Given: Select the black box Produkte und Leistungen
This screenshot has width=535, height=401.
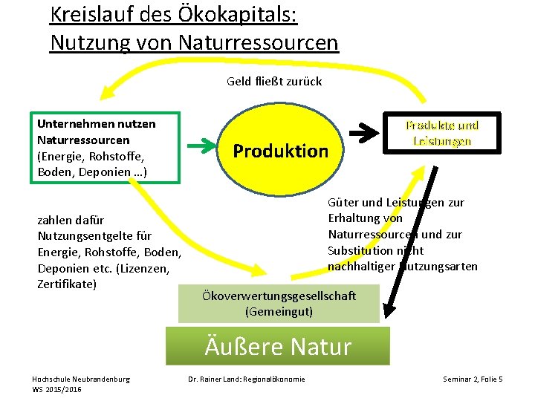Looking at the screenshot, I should point(441,133).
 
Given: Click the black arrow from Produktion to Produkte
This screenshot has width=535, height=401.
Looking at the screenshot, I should point(364,134).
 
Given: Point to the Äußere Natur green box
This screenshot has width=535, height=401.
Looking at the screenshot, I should point(278,346).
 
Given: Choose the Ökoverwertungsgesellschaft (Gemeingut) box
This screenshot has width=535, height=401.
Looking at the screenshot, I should point(279,303).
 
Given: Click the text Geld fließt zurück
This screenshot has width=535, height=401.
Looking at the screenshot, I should point(274,81).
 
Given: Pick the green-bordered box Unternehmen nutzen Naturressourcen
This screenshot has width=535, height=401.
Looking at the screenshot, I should point(106,147).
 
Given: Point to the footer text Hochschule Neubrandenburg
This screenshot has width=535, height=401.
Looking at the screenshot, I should point(81,379).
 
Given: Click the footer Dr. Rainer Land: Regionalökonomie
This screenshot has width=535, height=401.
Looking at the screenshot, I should point(246,380).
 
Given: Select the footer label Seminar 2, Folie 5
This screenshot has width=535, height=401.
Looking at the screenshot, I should point(473,380).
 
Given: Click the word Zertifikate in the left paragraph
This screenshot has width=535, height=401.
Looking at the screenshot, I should point(67,284).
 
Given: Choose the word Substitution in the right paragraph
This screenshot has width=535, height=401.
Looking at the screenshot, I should point(360,250).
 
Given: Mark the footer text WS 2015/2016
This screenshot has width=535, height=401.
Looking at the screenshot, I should point(56,390).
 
